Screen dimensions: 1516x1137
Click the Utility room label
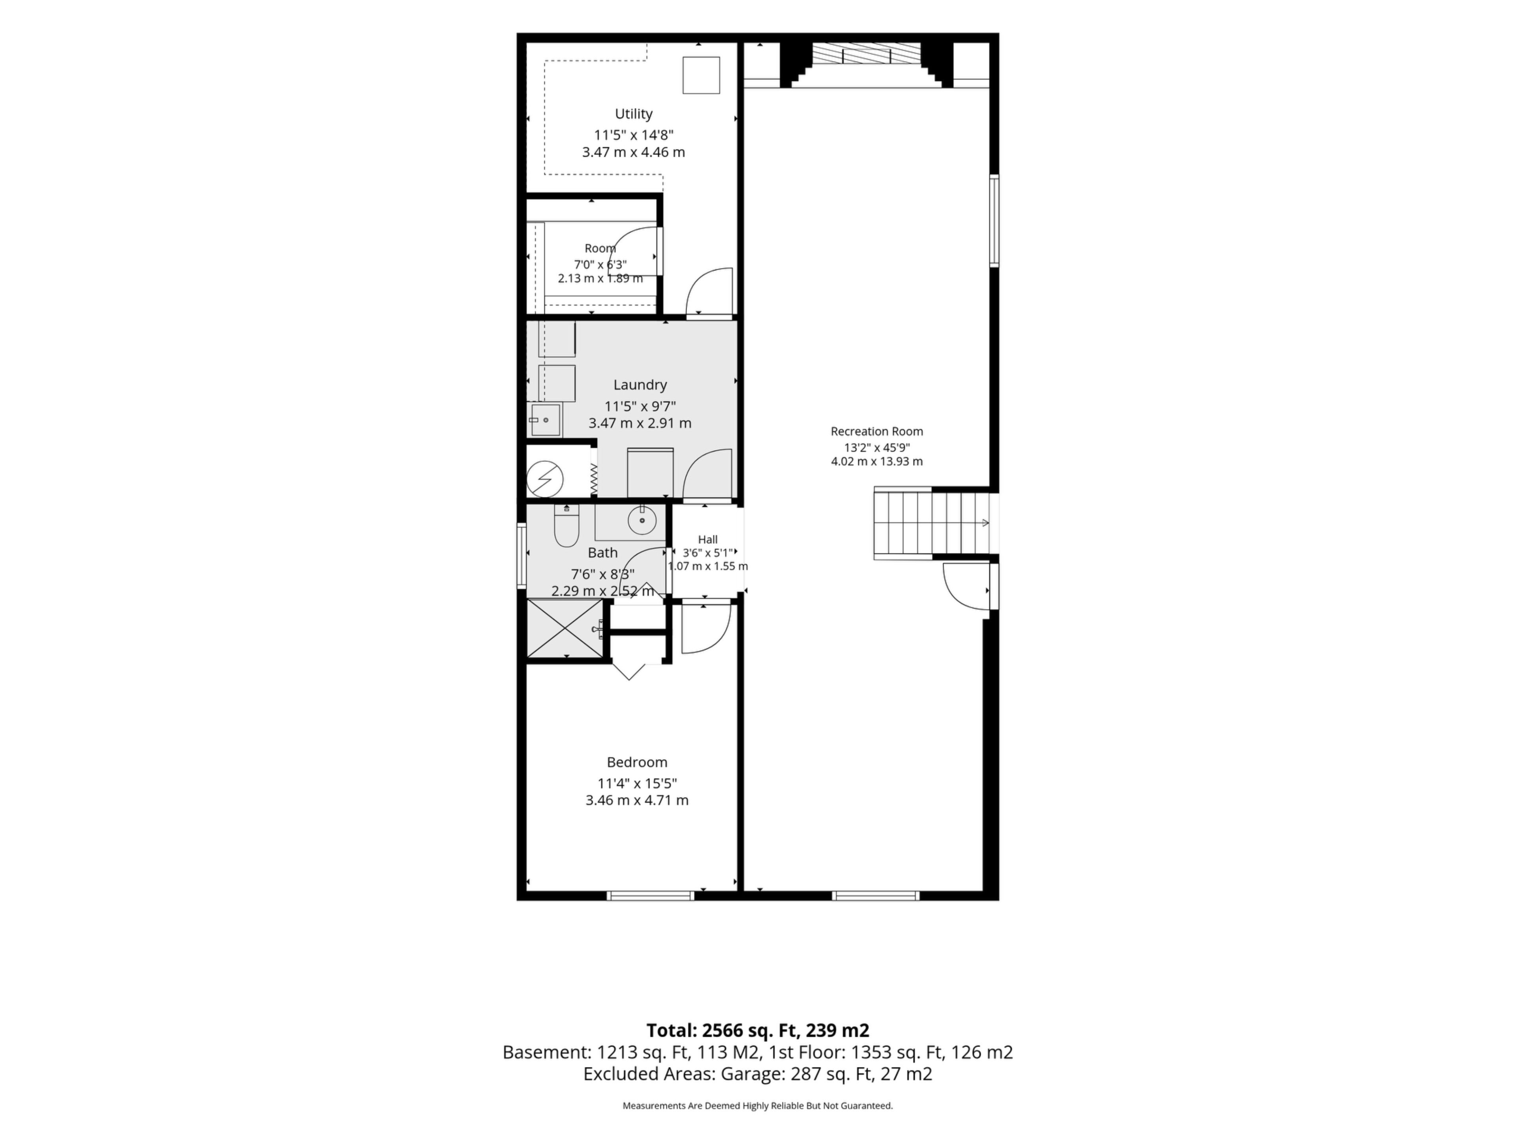(x=633, y=114)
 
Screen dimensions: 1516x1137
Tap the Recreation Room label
(x=876, y=431)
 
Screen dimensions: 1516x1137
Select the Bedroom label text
(x=637, y=762)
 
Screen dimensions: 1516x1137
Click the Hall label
(x=708, y=539)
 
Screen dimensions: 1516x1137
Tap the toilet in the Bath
(x=566, y=526)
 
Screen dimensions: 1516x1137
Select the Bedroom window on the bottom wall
(x=650, y=895)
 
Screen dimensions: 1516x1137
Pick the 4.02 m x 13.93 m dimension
(x=876, y=461)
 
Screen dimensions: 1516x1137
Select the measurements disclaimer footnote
(x=757, y=1105)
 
